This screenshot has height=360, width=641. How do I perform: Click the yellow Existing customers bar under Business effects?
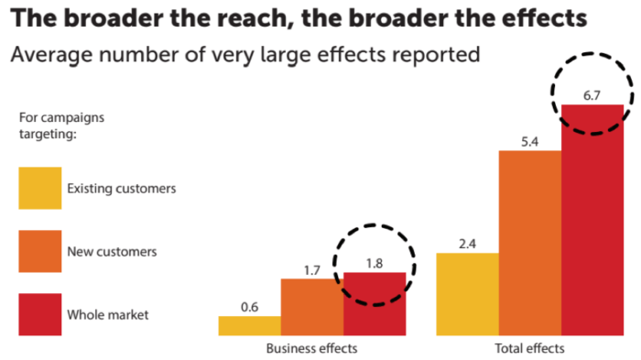tap(249, 326)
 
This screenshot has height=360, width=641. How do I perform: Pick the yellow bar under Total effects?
tap(468, 294)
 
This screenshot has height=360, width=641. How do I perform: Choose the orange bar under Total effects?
tap(530, 243)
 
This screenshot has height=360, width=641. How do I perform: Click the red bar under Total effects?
tap(592, 220)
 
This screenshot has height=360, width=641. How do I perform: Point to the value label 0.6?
tap(249, 307)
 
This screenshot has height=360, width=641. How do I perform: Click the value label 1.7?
tap(311, 269)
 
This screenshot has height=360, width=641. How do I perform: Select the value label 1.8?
tap(374, 263)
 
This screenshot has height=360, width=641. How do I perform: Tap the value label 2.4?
tap(468, 244)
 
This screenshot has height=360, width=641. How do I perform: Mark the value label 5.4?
tap(530, 140)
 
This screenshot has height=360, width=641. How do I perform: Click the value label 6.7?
tap(592, 94)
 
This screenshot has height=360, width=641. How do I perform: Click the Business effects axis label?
tap(310, 348)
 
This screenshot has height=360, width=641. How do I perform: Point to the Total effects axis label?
tap(530, 348)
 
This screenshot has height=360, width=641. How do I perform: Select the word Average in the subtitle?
tap(46, 55)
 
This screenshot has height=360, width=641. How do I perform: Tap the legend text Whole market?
tap(108, 315)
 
